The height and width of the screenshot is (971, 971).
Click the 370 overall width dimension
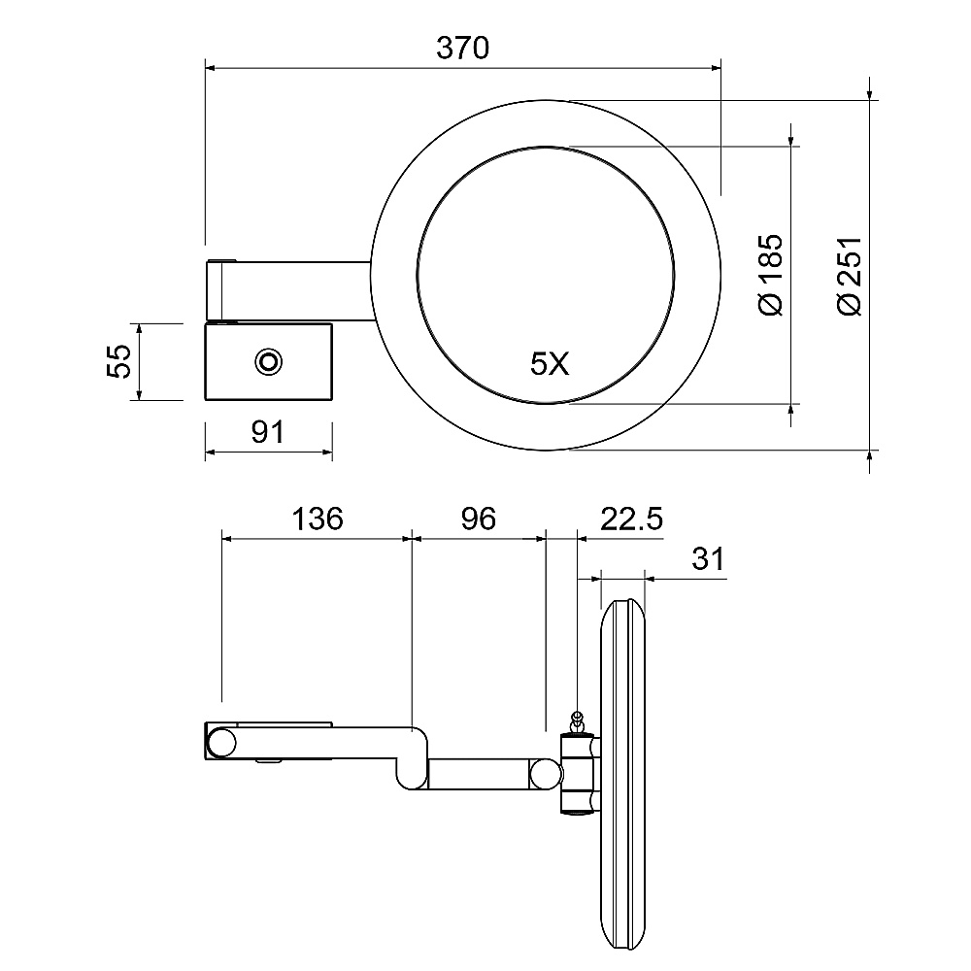pyautogui.click(x=462, y=48)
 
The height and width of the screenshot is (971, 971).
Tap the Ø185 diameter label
pyautogui.click(x=771, y=275)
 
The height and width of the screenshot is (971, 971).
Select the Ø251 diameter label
pyautogui.click(x=850, y=276)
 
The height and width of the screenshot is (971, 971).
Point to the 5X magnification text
pyautogui.click(x=550, y=363)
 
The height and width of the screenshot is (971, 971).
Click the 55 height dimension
pyautogui.click(x=118, y=361)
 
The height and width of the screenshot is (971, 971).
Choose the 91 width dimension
pyautogui.click(x=268, y=432)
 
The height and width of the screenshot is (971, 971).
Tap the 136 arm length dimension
pyautogui.click(x=318, y=519)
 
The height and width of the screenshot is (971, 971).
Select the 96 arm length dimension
pyautogui.click(x=478, y=519)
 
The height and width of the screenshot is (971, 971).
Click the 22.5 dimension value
pyautogui.click(x=631, y=519)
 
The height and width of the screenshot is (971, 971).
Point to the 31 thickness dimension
pyautogui.click(x=708, y=558)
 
